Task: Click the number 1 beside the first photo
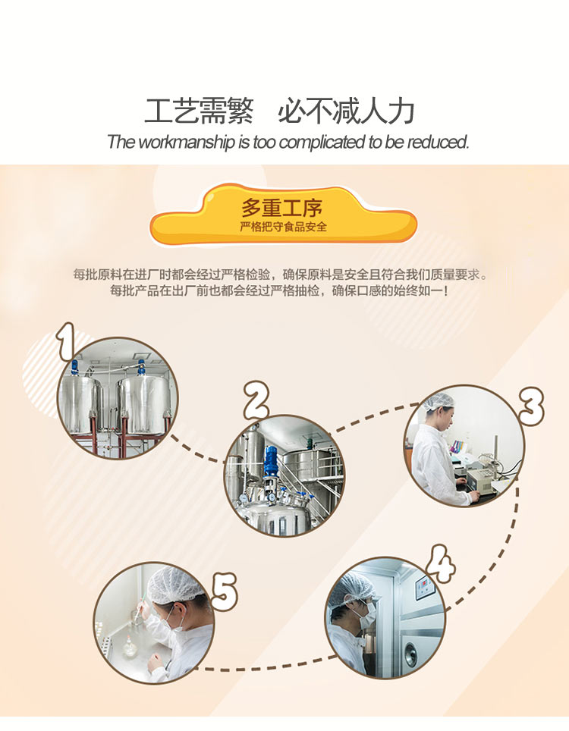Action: pyautogui.click(x=66, y=342)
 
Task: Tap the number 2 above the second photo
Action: pyautogui.click(x=256, y=400)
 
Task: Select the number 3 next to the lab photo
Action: pyautogui.click(x=532, y=406)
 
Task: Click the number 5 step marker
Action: pyautogui.click(x=225, y=592)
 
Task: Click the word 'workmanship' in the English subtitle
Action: pyautogui.click(x=187, y=142)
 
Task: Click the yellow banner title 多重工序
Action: pyautogui.click(x=281, y=208)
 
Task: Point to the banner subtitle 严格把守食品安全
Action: pyautogui.click(x=283, y=227)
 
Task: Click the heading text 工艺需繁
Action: pyautogui.click(x=199, y=111)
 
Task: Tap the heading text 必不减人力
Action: pyautogui.click(x=347, y=111)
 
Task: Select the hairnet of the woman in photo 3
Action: pyautogui.click(x=439, y=401)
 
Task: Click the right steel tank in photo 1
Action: pyautogui.click(x=145, y=405)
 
